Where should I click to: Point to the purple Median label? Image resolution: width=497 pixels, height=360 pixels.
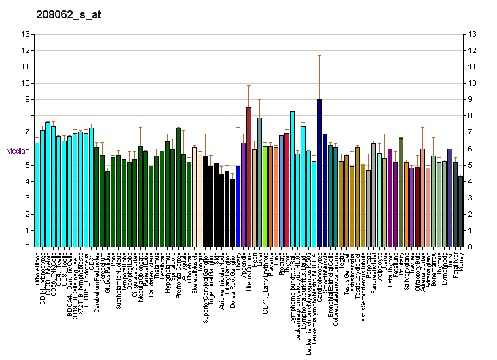tap(18, 151)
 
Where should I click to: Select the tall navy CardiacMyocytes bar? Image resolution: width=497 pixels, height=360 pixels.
tap(319, 173)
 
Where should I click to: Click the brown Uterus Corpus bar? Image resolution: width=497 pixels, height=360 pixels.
tap(248, 177)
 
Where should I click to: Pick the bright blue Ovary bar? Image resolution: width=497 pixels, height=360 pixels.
tap(238, 206)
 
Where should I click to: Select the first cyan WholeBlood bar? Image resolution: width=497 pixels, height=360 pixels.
tap(37, 196)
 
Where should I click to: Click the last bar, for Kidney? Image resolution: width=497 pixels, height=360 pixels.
tap(460, 211)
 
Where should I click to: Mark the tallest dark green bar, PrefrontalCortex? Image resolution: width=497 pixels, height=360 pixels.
tap(178, 187)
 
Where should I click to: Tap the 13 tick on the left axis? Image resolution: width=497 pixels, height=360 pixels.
tap(25, 34)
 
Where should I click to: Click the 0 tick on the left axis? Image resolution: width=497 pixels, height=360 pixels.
tap(25, 247)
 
